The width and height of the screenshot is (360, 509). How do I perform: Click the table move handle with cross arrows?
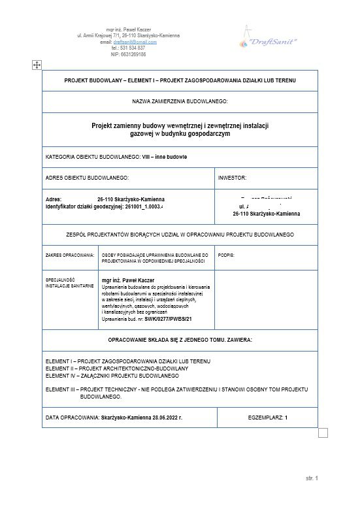click(37, 65)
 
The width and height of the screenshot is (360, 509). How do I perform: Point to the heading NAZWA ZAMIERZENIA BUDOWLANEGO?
click(180, 102)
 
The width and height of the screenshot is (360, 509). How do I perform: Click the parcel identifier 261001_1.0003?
click(135, 206)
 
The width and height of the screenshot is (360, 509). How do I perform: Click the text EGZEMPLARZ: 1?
click(268, 416)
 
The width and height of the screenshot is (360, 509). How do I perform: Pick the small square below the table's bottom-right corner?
click(321, 433)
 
